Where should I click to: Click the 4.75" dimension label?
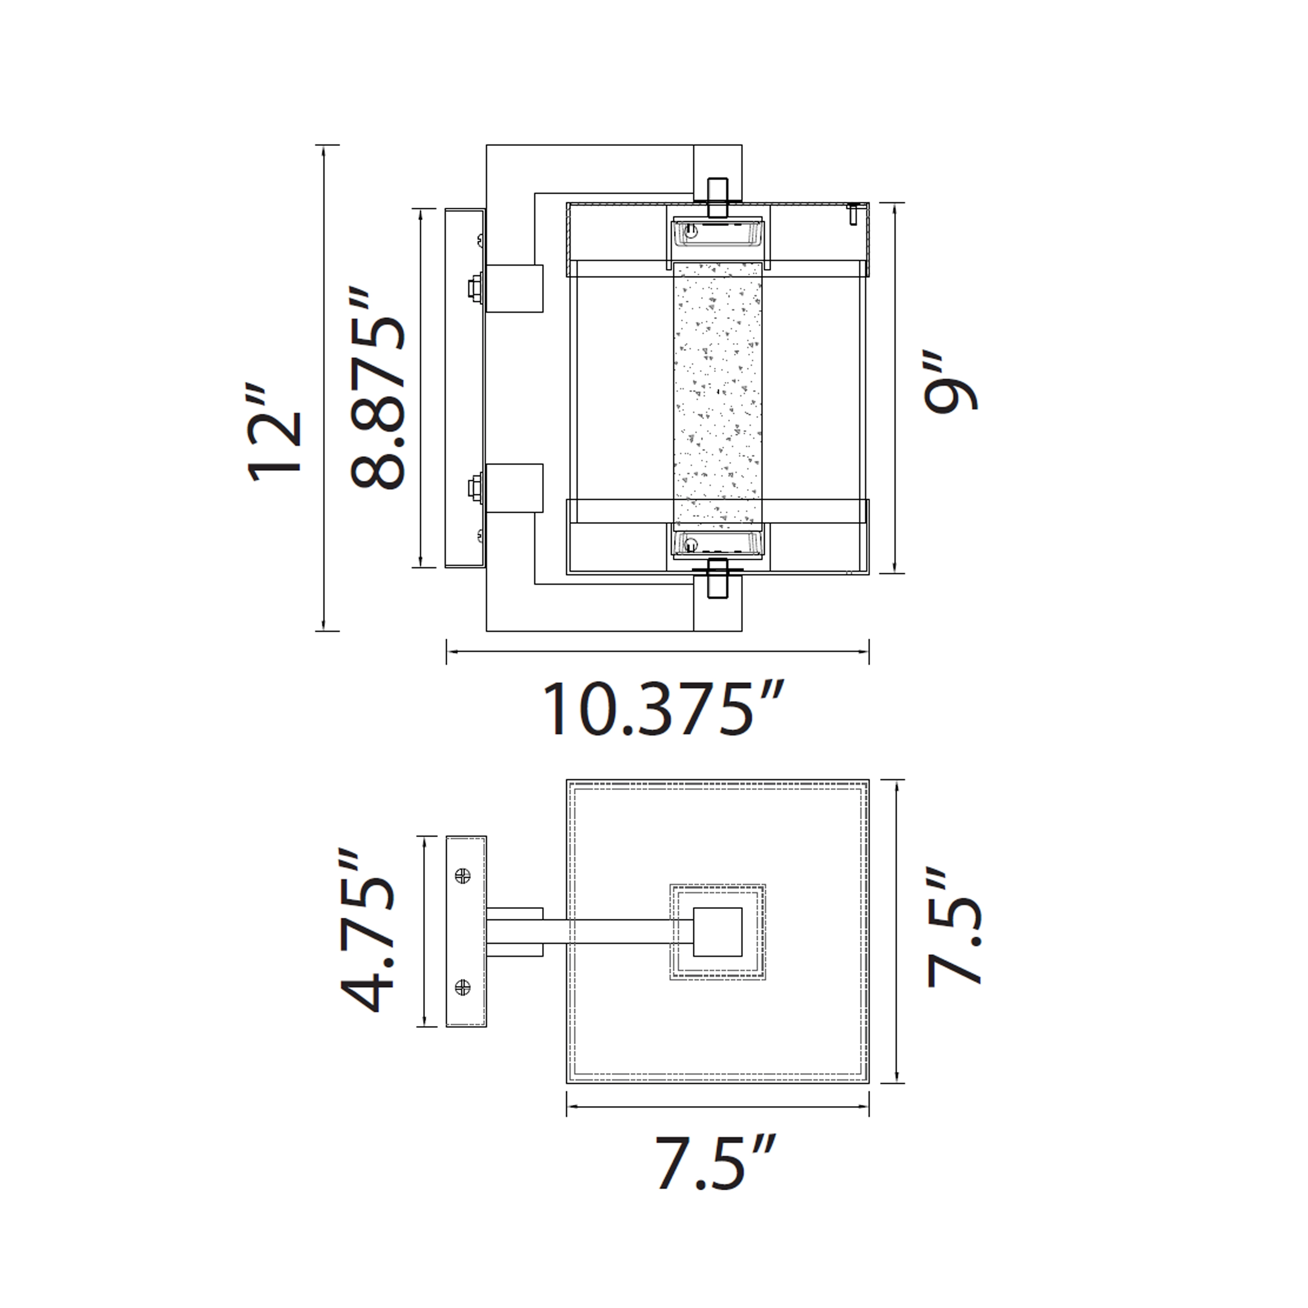[367, 930]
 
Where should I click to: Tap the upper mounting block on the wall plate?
[514, 288]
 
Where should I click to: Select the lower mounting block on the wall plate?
[514, 488]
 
